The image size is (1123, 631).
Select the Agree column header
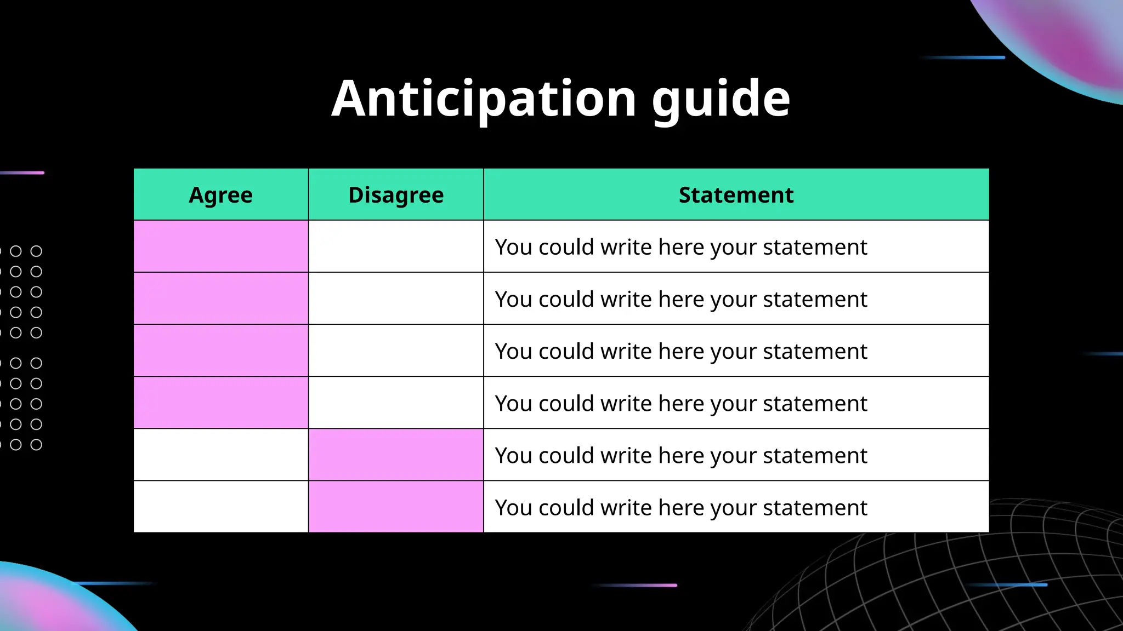point(221,194)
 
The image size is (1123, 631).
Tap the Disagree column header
point(396,194)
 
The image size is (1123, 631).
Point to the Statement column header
point(736,194)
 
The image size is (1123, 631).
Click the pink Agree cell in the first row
point(221,246)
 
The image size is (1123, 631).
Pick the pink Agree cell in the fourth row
point(221,403)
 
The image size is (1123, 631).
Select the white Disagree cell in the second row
point(396,299)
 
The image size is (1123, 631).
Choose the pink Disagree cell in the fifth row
point(396,455)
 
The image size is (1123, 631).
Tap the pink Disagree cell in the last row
point(396,507)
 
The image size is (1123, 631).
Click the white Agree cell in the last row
point(221,507)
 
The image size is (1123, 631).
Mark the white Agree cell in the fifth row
point(221,455)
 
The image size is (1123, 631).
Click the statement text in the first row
point(680,247)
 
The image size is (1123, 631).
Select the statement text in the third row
point(680,351)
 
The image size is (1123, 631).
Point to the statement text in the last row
point(680,507)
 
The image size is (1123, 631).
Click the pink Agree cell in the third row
point(221,351)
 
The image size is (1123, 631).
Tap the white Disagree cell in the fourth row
point(396,403)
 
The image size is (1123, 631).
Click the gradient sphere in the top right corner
point(1069,44)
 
